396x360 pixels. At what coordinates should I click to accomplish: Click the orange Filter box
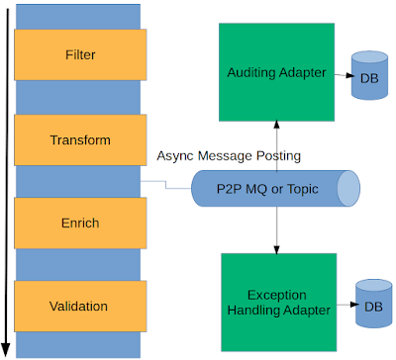(x=80, y=55)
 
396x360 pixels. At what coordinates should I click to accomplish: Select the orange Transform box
(x=80, y=140)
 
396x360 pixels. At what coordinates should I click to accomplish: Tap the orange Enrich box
(x=80, y=224)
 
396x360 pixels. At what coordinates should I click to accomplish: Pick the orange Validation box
(x=80, y=307)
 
